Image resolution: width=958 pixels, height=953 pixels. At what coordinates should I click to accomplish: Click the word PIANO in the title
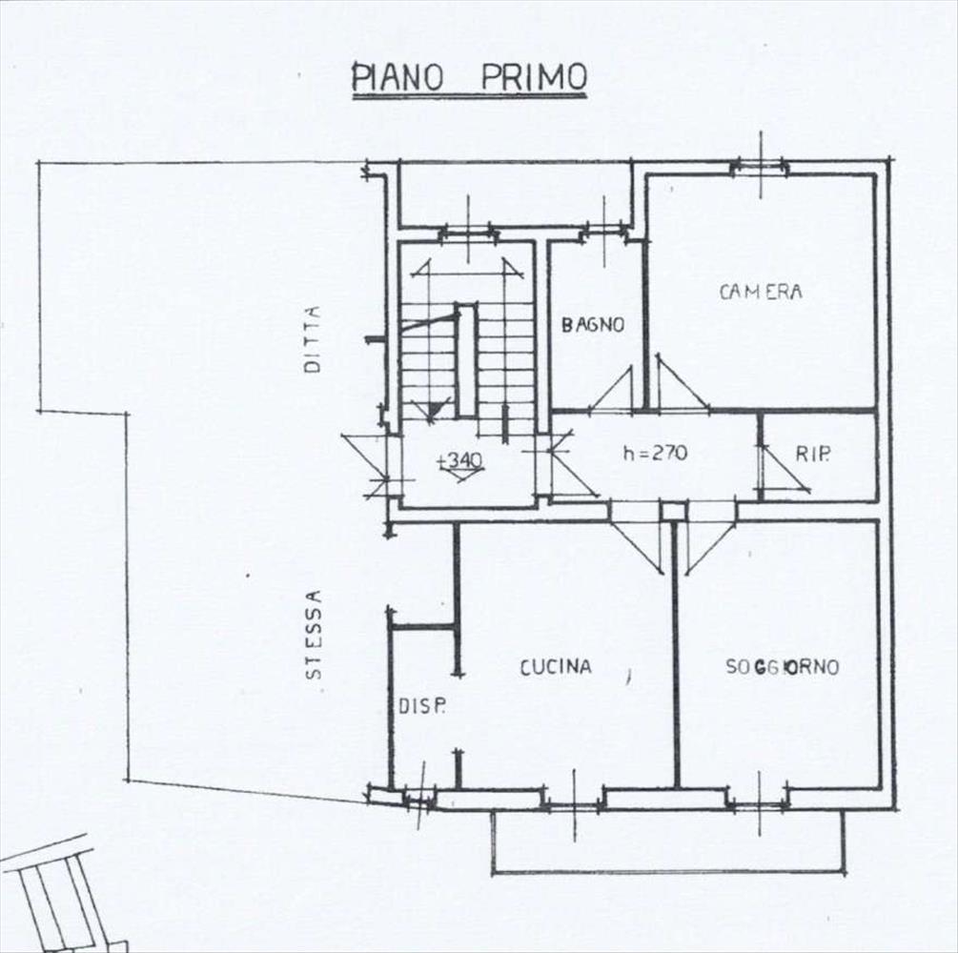[x=397, y=77]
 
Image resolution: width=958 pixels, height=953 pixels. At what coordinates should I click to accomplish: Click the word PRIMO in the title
[x=534, y=77]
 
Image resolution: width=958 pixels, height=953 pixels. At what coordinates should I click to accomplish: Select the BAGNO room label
[x=593, y=325]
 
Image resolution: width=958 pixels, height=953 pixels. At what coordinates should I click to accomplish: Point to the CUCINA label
[x=556, y=667]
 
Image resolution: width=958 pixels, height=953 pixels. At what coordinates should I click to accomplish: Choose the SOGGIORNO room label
[x=782, y=666]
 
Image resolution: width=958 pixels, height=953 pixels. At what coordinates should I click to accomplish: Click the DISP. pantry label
[x=422, y=707]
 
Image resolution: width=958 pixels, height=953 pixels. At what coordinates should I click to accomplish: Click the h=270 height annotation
[x=655, y=453]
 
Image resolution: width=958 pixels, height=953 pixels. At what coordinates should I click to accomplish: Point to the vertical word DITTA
[x=313, y=339]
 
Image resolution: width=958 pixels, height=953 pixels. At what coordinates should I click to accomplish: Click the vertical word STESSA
[x=314, y=635]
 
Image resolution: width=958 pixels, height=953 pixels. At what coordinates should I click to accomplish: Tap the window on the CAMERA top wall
[x=761, y=165]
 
